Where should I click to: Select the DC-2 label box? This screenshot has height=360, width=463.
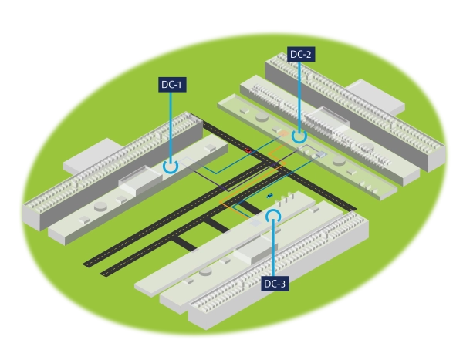(300, 55)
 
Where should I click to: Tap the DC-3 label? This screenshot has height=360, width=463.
(275, 284)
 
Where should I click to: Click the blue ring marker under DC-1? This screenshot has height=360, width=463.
(171, 165)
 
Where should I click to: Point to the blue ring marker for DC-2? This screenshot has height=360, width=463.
(299, 136)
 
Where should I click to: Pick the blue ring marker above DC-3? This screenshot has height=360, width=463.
(272, 215)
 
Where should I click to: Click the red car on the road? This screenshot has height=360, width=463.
(248, 151)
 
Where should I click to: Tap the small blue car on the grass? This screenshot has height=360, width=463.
(269, 196)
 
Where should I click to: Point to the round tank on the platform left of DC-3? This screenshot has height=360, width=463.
(204, 271)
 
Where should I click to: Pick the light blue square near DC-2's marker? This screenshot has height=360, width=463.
(321, 153)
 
